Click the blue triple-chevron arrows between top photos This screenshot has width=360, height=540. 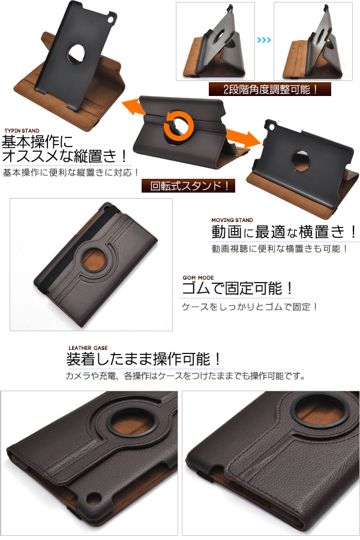264,40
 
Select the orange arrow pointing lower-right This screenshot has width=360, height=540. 243,137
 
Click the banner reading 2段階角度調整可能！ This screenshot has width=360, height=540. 270,89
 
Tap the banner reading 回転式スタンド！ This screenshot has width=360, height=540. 188,186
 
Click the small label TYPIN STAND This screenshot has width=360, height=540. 22,131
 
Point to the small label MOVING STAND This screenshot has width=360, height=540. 232,220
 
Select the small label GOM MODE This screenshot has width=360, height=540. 198,278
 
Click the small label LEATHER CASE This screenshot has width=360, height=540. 88,348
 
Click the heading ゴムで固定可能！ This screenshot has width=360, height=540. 238,289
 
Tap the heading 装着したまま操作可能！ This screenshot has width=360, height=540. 143,359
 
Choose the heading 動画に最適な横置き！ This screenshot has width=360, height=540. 284,232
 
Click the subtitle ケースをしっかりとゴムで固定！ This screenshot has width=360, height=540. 250,307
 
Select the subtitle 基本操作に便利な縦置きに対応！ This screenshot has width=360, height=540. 71,172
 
